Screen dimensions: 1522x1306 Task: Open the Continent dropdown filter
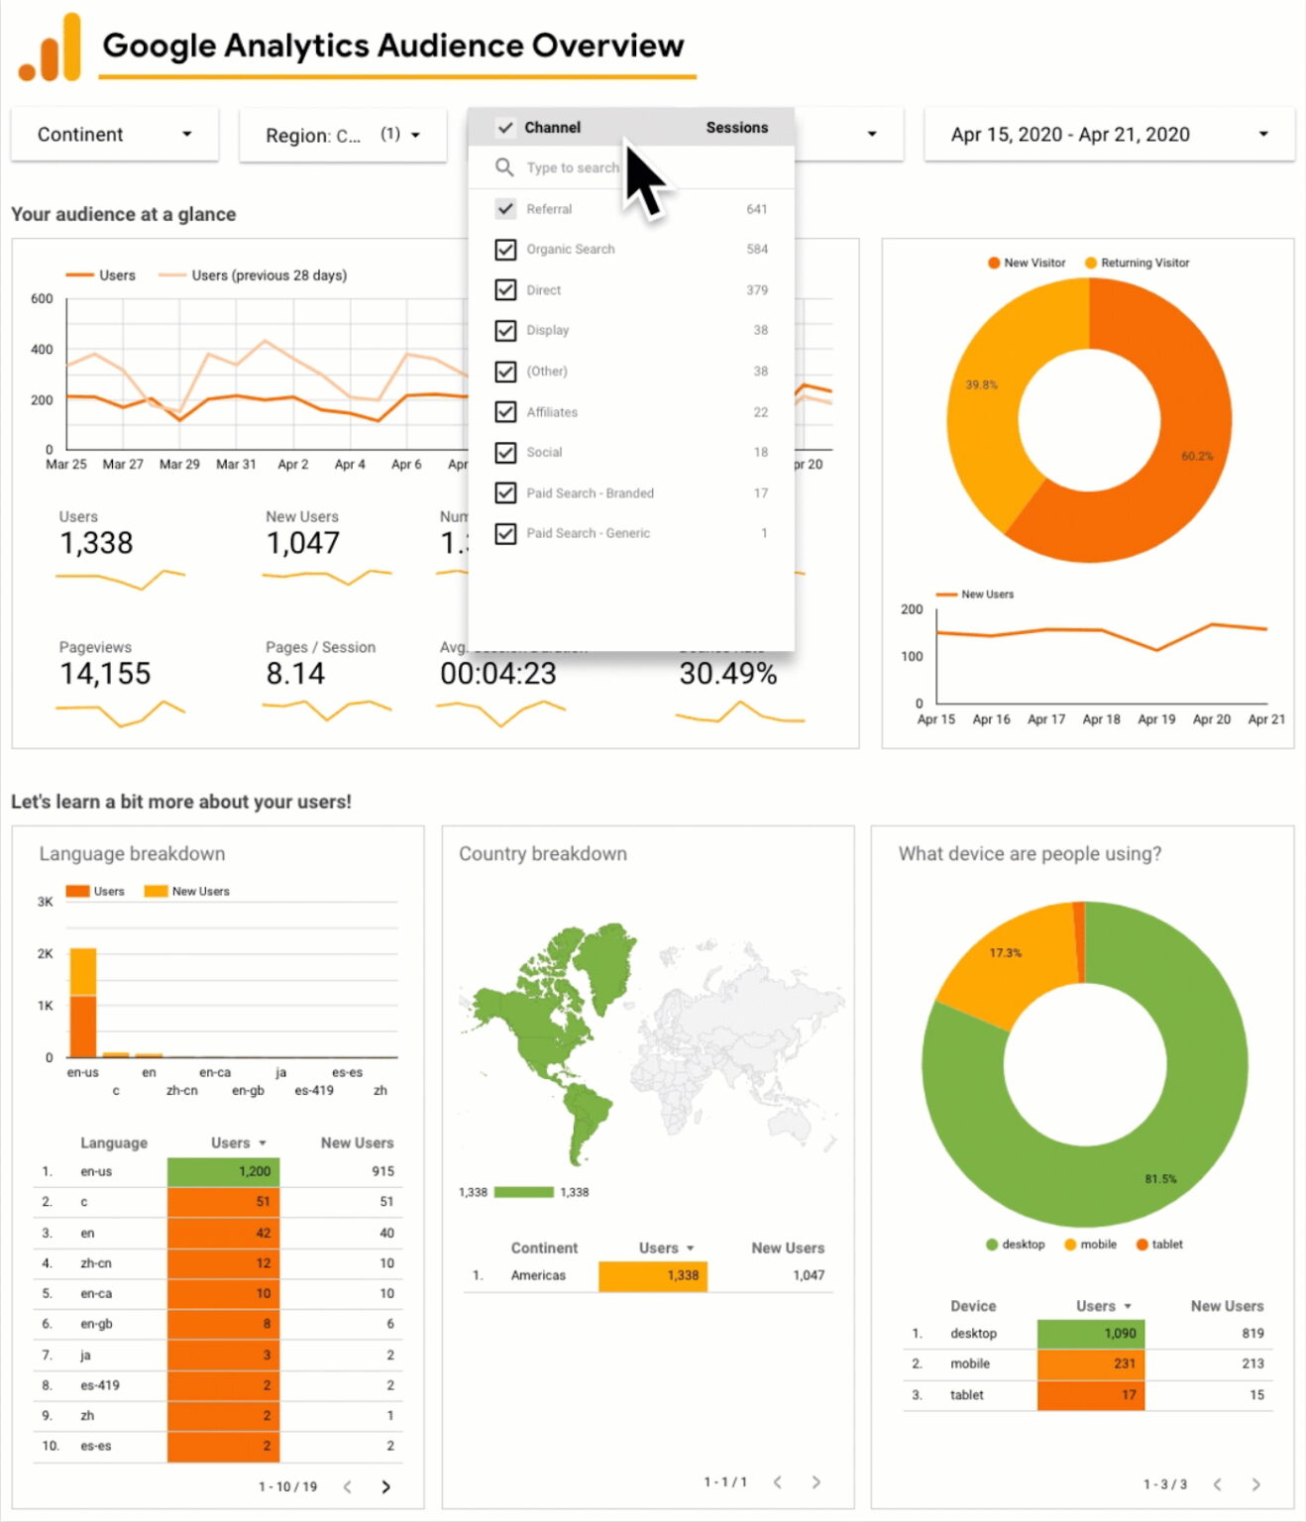click(114, 135)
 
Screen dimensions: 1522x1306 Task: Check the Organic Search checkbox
click(505, 250)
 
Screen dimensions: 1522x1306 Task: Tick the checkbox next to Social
click(505, 453)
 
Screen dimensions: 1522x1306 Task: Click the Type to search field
click(573, 168)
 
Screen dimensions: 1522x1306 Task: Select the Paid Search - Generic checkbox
click(505, 534)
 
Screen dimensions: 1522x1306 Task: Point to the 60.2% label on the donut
click(1196, 456)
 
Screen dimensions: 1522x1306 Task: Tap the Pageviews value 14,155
click(105, 674)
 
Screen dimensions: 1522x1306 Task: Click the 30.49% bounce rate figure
click(727, 674)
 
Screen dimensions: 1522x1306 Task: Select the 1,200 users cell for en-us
click(224, 1171)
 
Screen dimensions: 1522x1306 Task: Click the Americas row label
click(538, 1275)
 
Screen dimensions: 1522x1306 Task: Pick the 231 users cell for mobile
click(1091, 1363)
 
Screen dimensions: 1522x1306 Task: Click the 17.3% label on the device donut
click(1005, 953)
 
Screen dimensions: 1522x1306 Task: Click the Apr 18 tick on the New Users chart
click(1101, 719)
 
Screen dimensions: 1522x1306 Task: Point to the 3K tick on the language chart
click(46, 902)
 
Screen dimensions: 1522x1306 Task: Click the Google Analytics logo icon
click(50, 48)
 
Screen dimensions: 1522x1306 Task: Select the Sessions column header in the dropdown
click(736, 128)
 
